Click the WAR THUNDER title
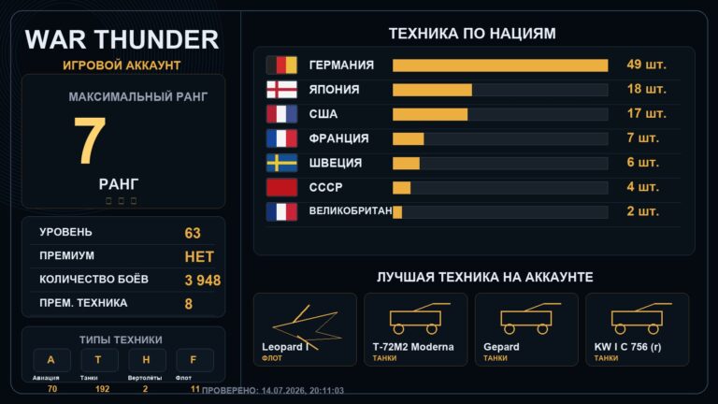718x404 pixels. click(x=122, y=39)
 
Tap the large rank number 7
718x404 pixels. click(x=90, y=139)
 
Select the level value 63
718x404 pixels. click(x=193, y=233)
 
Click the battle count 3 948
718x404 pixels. click(x=202, y=281)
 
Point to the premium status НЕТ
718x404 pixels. click(x=199, y=257)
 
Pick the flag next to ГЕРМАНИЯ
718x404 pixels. click(x=281, y=65)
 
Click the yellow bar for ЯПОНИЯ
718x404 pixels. click(x=432, y=90)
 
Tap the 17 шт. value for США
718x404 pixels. click(x=647, y=113)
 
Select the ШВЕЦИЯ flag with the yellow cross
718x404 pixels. click(x=281, y=163)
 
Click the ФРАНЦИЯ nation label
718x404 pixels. click(x=338, y=138)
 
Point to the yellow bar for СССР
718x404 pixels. click(x=402, y=188)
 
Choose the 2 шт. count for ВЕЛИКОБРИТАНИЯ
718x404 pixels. click(x=643, y=211)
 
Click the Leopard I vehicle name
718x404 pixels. click(x=285, y=347)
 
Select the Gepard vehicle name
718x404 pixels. click(x=501, y=347)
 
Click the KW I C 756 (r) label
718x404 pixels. click(x=628, y=347)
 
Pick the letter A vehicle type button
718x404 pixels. click(x=51, y=360)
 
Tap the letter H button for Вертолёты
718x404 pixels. click(x=147, y=360)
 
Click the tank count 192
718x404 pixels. click(x=102, y=389)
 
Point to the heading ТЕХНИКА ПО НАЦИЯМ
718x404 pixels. click(x=472, y=34)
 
